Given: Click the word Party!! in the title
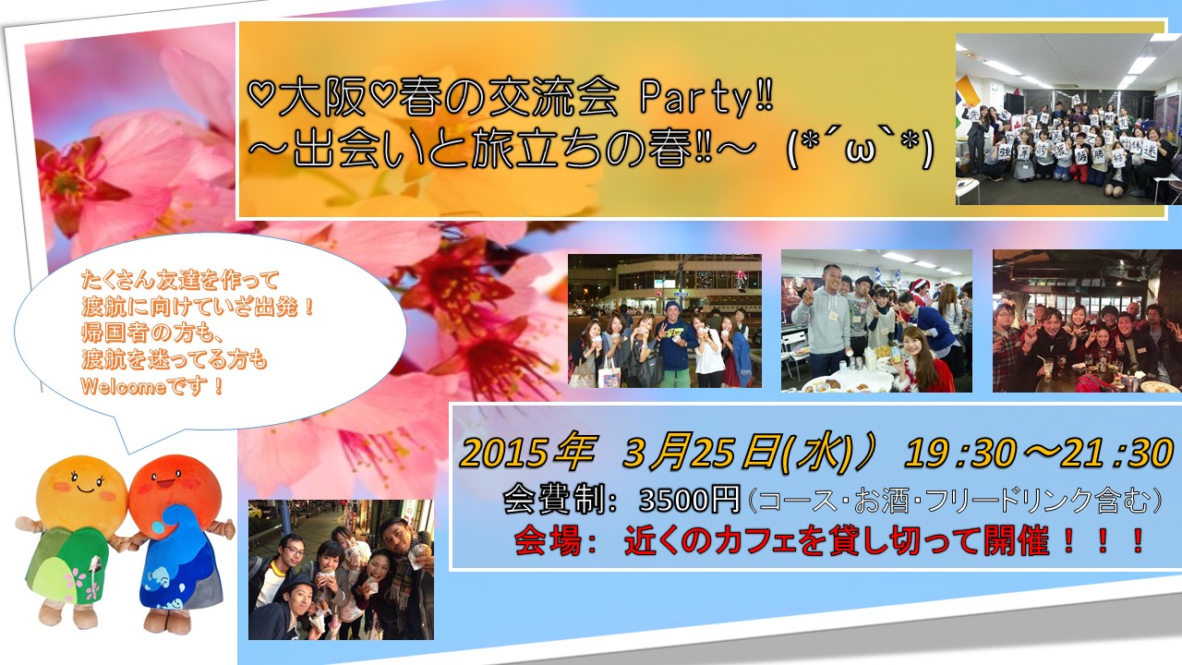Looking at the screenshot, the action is coord(706,99).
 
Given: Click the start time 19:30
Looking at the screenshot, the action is coord(959,453).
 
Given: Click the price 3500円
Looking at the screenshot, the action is coord(690,500).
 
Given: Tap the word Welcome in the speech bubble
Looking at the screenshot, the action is coord(124,387).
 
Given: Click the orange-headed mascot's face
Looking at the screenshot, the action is coord(82,486).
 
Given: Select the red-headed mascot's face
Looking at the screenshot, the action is coord(175,486).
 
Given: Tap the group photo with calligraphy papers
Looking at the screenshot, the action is coord(1068,119).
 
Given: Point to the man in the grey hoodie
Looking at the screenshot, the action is coord(822,322).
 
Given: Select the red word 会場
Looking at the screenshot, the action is coord(548,541).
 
